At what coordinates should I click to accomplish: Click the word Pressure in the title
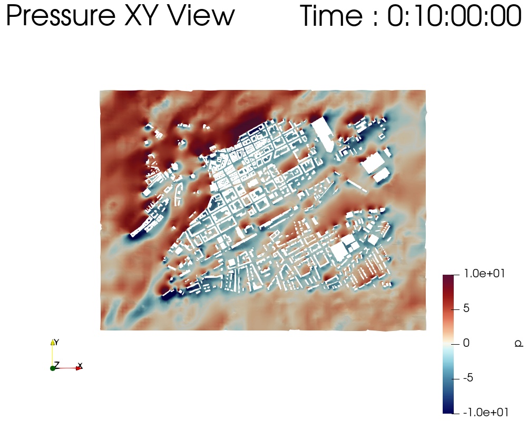61,15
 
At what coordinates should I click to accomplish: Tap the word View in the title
201,15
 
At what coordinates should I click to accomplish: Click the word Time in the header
331,15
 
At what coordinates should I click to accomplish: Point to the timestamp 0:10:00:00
454,15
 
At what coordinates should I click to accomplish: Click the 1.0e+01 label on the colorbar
484,274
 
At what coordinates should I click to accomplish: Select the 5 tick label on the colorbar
466,308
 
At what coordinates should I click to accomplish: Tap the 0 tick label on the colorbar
466,343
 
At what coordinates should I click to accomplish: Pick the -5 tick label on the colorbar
468,378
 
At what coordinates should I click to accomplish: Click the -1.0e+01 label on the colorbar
486,412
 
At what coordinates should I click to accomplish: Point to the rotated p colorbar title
519,343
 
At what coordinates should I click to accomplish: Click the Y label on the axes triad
56,342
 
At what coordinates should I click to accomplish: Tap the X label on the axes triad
80,365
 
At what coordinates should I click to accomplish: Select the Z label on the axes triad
57,365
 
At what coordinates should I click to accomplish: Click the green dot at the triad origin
52,368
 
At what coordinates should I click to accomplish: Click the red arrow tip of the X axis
80,368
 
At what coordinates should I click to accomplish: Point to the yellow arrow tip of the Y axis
52,342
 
